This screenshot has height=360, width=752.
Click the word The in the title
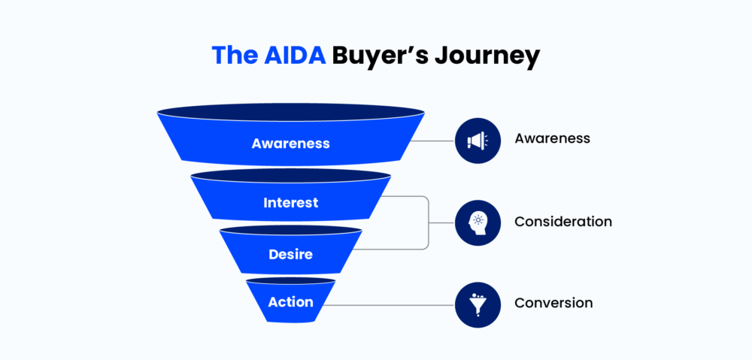[x=233, y=56]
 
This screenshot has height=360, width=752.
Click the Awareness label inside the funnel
[x=290, y=143]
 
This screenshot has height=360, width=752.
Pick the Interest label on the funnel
[x=290, y=203]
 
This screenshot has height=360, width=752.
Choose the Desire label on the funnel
[x=290, y=255]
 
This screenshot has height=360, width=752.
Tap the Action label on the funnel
[x=290, y=302]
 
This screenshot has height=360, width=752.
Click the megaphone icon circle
[x=478, y=140]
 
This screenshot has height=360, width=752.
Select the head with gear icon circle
[x=478, y=222]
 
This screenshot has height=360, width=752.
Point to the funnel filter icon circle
[x=478, y=305]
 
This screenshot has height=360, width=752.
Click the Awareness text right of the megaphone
[x=552, y=139]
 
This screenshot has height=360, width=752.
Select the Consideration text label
[x=562, y=222]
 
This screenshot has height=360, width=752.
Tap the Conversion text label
[x=553, y=303]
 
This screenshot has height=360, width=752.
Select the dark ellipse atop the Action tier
[x=290, y=280]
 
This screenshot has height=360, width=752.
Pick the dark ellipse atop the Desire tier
[x=290, y=229]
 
